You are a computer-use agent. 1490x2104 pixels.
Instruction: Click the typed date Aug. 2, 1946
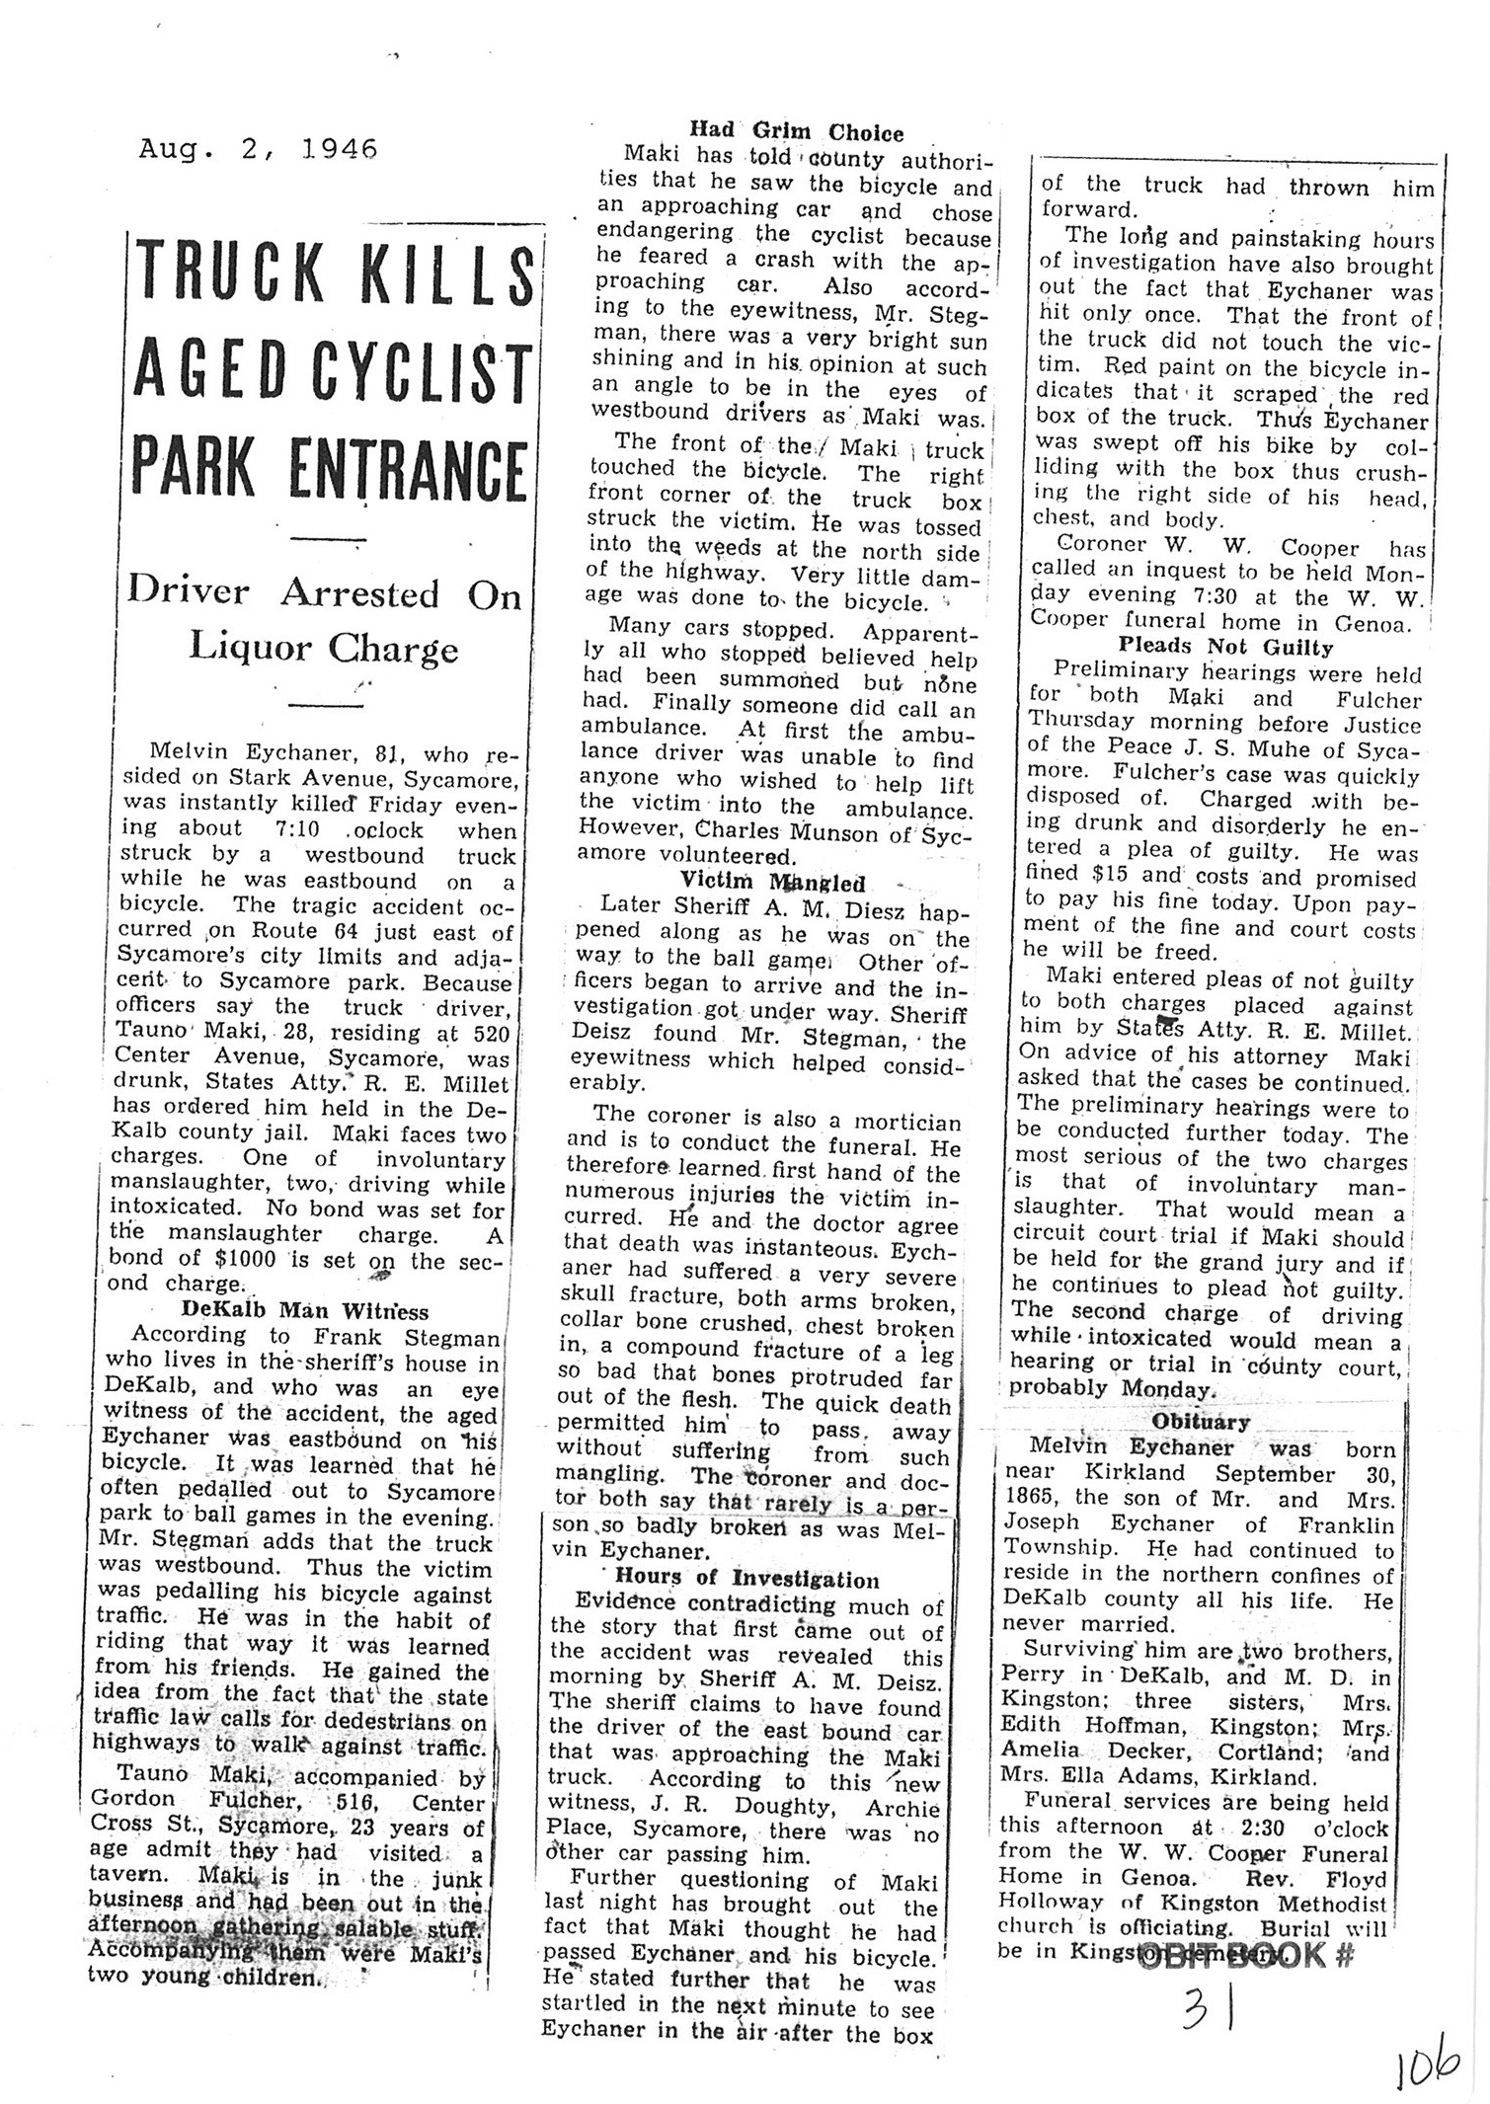(x=259, y=149)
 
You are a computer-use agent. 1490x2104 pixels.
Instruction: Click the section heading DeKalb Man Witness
(x=305, y=1311)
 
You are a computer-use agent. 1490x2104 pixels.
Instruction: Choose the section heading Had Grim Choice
(x=796, y=131)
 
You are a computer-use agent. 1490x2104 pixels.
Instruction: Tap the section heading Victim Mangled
(x=772, y=882)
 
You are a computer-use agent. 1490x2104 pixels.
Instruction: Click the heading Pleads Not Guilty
(x=1225, y=648)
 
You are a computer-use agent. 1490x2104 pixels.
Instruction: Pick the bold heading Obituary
(x=1200, y=1422)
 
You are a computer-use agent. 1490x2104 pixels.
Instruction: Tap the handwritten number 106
(x=1428, y=2065)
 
